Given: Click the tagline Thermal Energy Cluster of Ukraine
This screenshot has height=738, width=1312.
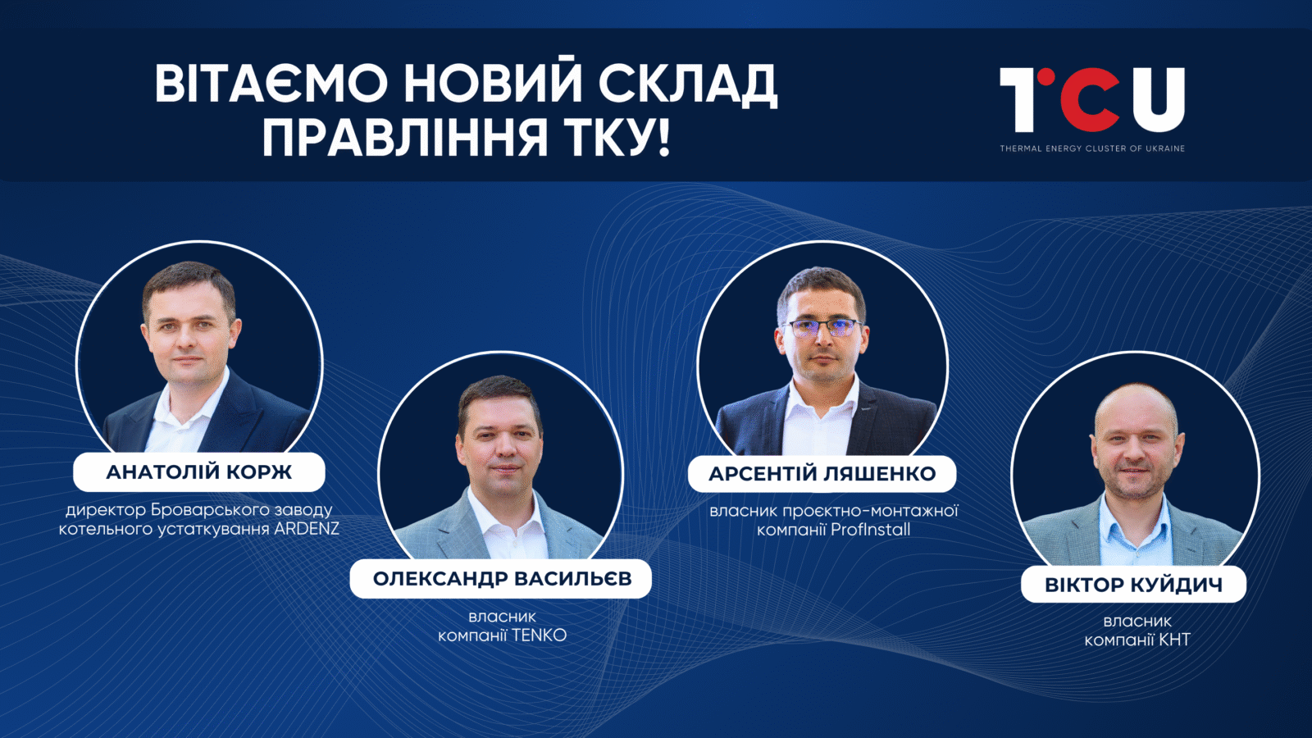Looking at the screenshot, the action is tap(1092, 148).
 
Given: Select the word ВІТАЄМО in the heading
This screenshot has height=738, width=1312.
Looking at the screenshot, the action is tap(271, 83).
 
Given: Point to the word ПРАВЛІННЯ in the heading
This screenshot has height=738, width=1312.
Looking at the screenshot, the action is tap(404, 138).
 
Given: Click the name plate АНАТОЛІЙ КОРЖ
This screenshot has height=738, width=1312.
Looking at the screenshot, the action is tap(199, 472).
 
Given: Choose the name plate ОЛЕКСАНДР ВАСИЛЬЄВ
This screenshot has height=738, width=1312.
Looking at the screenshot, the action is tap(501, 579).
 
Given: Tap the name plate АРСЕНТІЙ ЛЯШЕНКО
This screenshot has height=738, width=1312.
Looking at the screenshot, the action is tap(822, 474).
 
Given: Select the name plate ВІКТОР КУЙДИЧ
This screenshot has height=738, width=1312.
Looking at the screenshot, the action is tap(1134, 585).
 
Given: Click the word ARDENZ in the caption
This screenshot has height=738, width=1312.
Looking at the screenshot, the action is tap(307, 529).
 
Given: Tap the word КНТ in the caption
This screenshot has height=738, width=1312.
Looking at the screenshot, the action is tap(1174, 640).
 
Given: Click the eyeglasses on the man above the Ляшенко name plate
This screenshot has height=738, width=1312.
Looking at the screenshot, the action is tap(822, 327).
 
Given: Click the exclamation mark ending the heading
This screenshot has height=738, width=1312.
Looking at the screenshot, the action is tap(663, 138).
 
